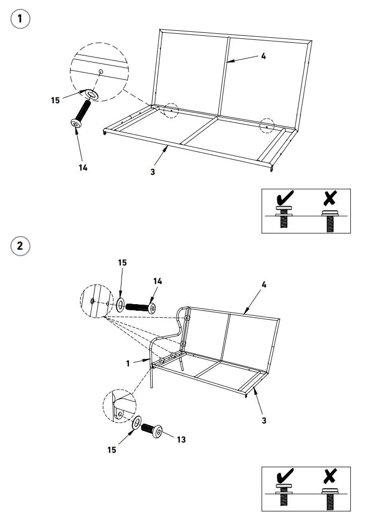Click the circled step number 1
pyautogui.click(x=20, y=20)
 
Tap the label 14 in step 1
pyautogui.click(x=83, y=167)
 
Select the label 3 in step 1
pyautogui.click(x=153, y=171)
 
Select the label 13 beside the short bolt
pyautogui.click(x=181, y=439)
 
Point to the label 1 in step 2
pyautogui.click(x=129, y=363)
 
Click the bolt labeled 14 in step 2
pyautogui.click(x=141, y=307)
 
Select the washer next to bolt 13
pyautogui.click(x=136, y=423)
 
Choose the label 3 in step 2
pyautogui.click(x=264, y=419)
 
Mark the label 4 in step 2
pyautogui.click(x=264, y=284)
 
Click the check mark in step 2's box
pyautogui.click(x=285, y=476)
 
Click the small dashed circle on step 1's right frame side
pyautogui.click(x=267, y=126)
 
